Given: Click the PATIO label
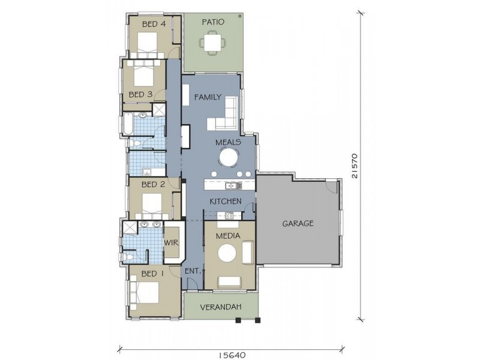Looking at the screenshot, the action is [x=213, y=22].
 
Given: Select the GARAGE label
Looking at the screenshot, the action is [x=298, y=223].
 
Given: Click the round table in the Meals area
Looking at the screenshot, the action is [x=229, y=157].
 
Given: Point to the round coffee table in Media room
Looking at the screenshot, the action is [x=227, y=253].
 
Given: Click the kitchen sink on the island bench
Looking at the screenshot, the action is [x=233, y=185].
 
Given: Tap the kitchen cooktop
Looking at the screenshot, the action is [x=229, y=216].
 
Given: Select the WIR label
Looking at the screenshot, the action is [x=172, y=243].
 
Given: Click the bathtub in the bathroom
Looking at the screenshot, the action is [x=128, y=124].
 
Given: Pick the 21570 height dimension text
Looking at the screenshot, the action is [x=355, y=166].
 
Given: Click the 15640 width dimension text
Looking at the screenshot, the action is [x=232, y=355].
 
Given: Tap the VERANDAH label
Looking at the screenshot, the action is [x=221, y=307].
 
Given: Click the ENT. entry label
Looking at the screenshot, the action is [x=193, y=271].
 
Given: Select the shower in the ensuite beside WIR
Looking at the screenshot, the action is [x=130, y=228].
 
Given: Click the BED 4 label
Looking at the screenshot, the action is [x=154, y=24].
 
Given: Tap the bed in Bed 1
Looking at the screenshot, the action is [x=145, y=292].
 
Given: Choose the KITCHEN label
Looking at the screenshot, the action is [x=226, y=202].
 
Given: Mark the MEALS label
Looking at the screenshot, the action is [x=228, y=142].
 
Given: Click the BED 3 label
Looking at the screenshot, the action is [x=140, y=94].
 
